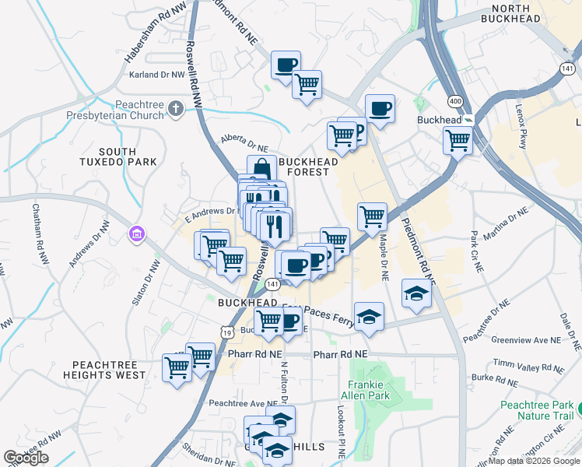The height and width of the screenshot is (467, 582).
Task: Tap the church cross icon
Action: [x=176, y=109]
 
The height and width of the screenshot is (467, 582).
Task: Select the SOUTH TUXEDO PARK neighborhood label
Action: [x=128, y=156]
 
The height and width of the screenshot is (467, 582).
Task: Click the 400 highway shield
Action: [x=454, y=102]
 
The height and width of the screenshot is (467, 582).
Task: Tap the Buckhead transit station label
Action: [x=440, y=121]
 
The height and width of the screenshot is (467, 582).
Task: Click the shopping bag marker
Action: [x=262, y=169]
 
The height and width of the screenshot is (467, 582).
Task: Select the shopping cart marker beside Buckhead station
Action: [x=458, y=141]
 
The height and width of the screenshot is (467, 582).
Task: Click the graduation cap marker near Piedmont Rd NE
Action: [x=416, y=293]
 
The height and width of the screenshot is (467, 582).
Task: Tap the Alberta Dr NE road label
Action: [x=244, y=142]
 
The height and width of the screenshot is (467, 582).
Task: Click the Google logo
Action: [x=26, y=458]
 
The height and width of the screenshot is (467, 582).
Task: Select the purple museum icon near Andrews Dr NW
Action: [x=137, y=233]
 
